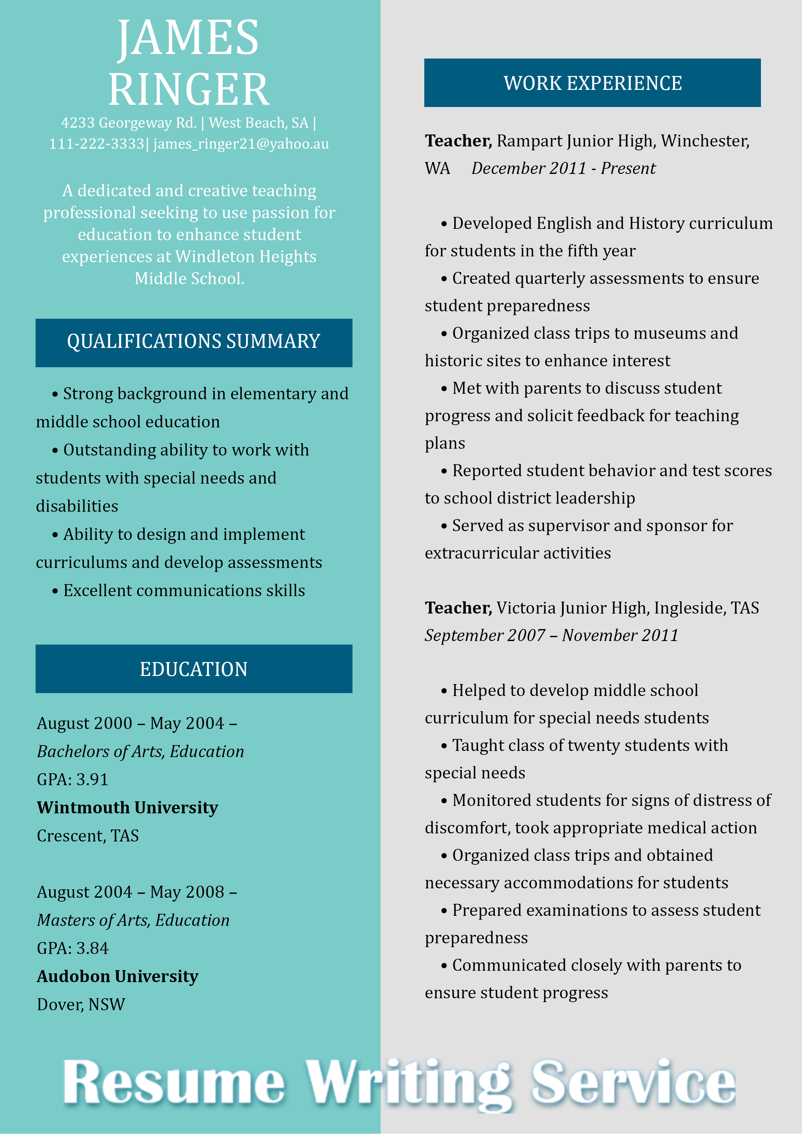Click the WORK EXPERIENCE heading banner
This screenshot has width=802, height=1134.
[x=592, y=83]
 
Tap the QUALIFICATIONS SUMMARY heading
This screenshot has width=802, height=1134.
[x=194, y=342]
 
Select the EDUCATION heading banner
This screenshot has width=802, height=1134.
[x=194, y=669]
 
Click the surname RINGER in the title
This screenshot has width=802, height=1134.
[x=189, y=90]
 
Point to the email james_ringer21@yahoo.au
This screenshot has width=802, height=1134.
[x=241, y=144]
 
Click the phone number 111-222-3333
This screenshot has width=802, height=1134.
[x=96, y=144]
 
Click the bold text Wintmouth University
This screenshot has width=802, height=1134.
[x=127, y=808]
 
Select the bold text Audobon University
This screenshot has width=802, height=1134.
[x=118, y=977]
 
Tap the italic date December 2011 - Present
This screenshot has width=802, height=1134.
[x=563, y=168]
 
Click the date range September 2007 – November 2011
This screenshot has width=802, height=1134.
[x=551, y=636]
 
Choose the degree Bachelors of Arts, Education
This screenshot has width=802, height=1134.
[x=140, y=751]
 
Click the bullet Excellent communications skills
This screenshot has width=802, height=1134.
[x=184, y=591]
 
